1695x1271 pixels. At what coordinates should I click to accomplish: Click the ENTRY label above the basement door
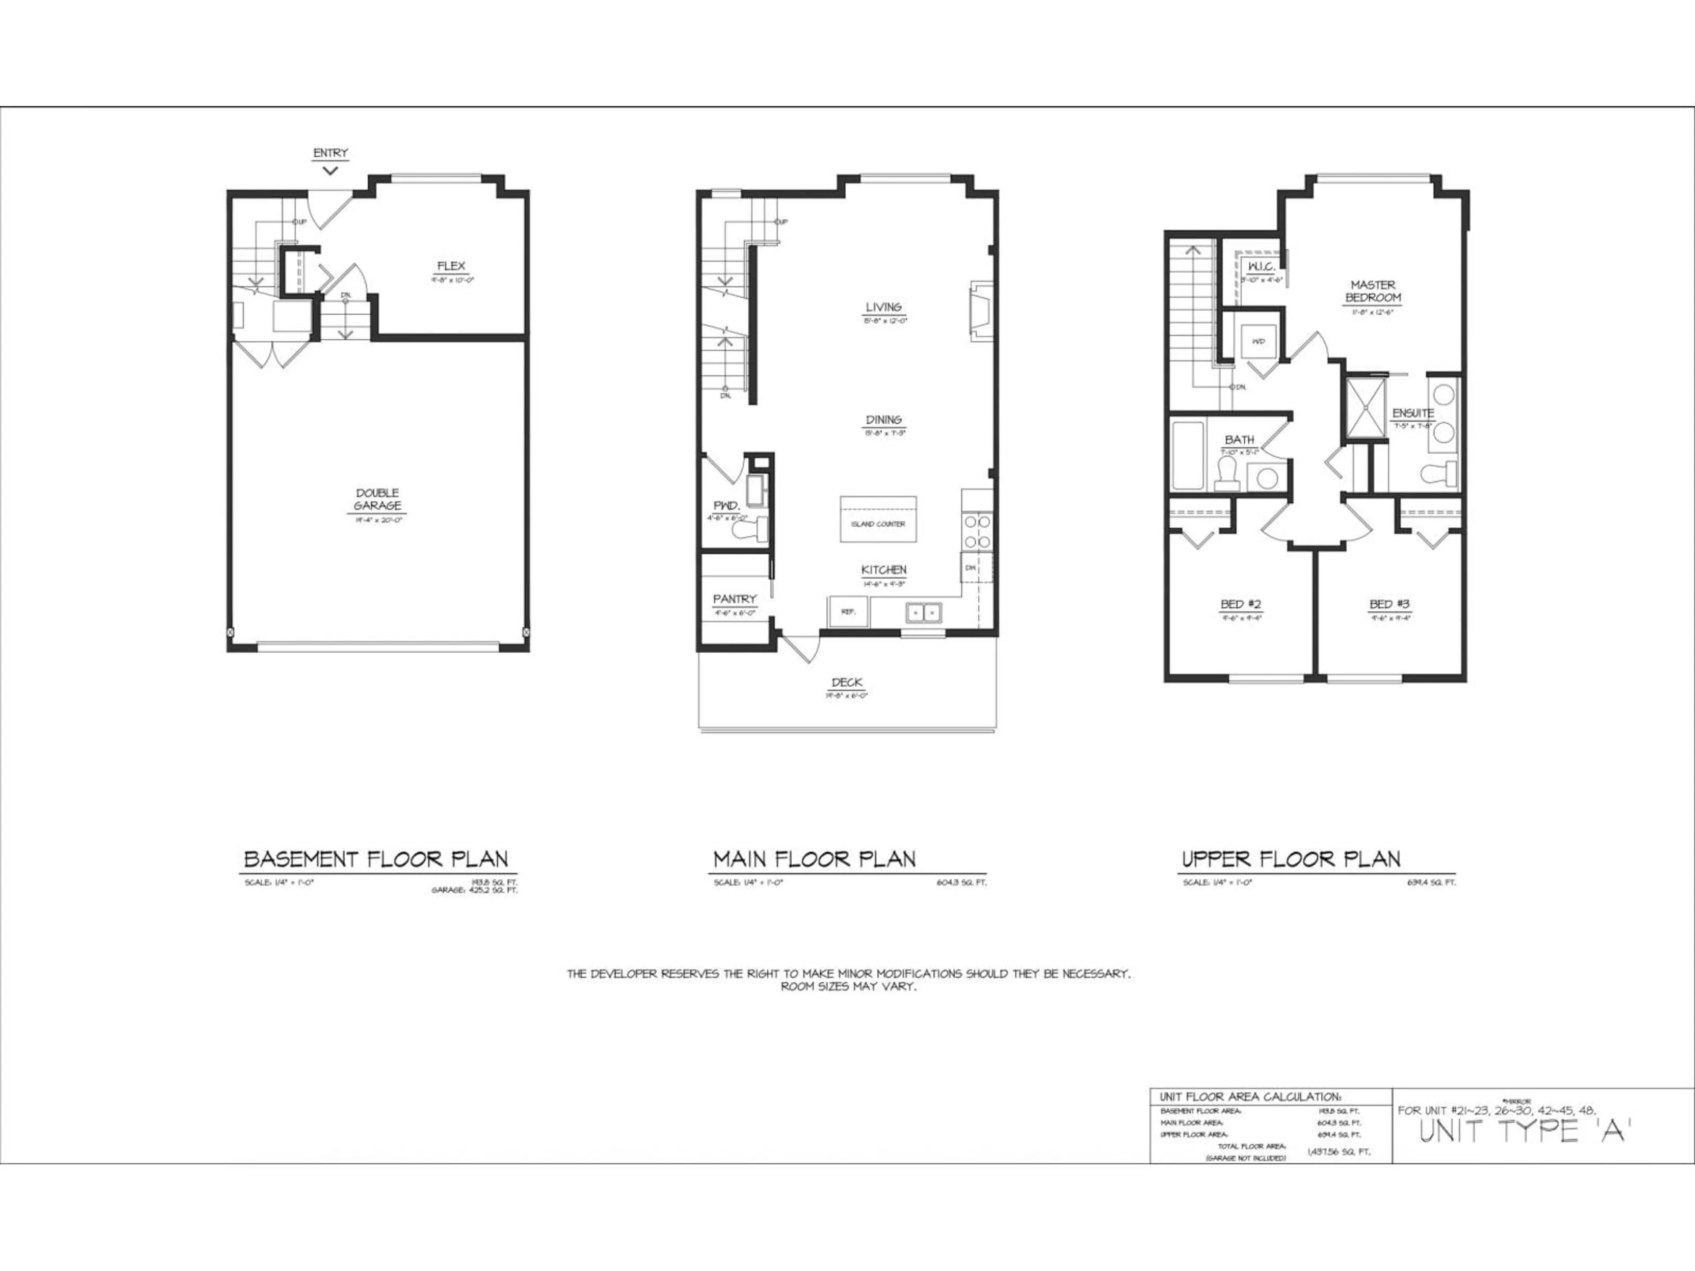(x=330, y=153)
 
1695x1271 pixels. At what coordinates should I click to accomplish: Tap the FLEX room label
(x=451, y=266)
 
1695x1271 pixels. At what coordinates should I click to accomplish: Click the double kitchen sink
(x=923, y=612)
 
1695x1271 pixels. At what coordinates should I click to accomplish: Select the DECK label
(x=847, y=682)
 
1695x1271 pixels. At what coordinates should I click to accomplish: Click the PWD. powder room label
(x=726, y=506)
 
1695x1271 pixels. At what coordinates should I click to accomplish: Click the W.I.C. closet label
(x=1261, y=267)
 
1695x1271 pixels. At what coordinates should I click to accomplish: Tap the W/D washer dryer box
(x=1258, y=342)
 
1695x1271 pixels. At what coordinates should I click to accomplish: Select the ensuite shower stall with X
(x=1366, y=408)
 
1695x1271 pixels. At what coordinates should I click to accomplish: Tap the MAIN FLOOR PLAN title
(x=814, y=859)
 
